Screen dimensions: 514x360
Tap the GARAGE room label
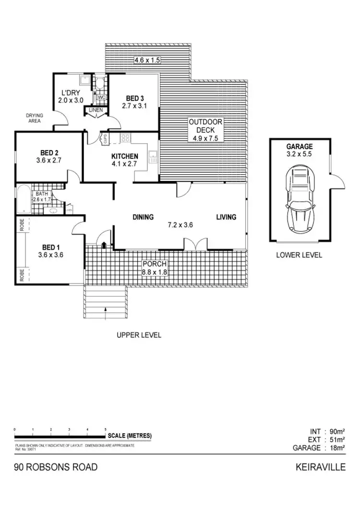300,146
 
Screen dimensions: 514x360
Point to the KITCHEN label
125,156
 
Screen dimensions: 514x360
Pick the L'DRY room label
70,93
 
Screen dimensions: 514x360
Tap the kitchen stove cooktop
126,138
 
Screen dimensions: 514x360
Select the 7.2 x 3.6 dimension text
180,225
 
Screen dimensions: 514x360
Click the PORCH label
154,263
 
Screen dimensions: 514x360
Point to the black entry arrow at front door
104,245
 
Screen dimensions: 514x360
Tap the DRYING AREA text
35,118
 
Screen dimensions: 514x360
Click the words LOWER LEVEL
299,255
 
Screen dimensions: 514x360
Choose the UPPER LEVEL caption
139,335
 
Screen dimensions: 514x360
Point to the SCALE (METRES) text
130,436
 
